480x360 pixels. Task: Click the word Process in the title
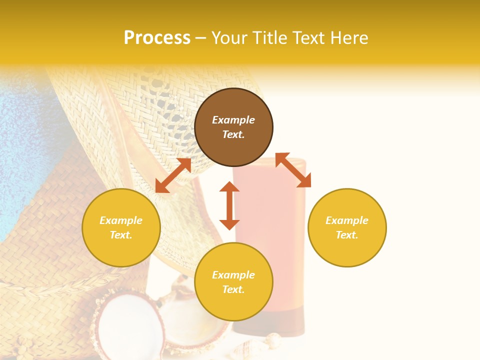(x=157, y=38)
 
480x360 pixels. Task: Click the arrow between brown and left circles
(x=173, y=175)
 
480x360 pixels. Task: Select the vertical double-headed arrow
(x=229, y=205)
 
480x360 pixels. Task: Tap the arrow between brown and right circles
(x=293, y=170)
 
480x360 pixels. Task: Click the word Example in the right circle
(x=347, y=220)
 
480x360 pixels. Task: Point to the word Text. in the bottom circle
(x=233, y=289)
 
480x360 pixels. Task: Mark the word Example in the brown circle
(x=233, y=120)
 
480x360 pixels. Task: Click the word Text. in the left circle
(x=121, y=235)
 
